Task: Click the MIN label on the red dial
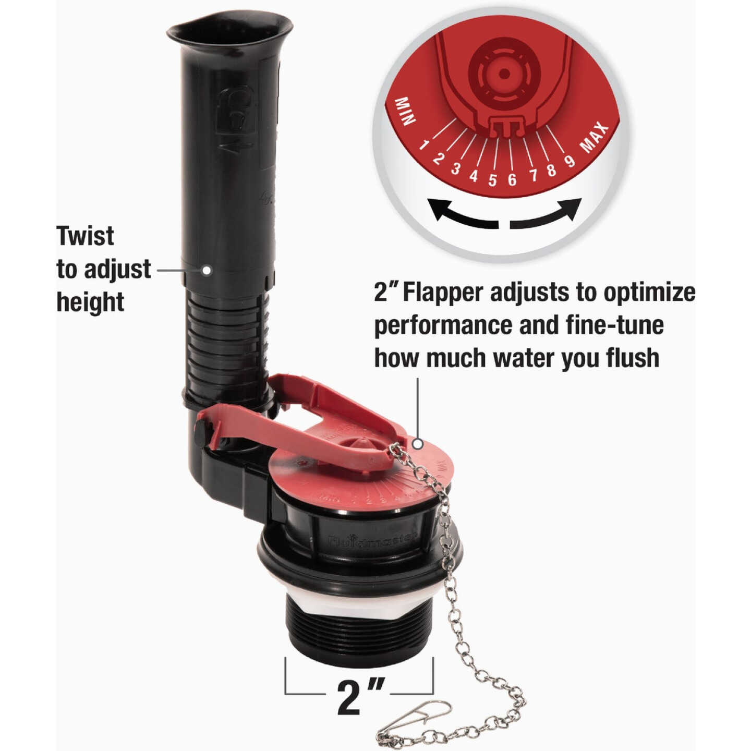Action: [406, 111]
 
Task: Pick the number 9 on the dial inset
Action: [570, 161]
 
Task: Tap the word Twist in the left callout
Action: [86, 236]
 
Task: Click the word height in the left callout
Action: [90, 302]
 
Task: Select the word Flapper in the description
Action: [443, 293]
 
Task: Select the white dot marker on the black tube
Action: [207, 270]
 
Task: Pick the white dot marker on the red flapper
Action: [417, 444]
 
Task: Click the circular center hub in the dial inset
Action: [503, 74]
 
